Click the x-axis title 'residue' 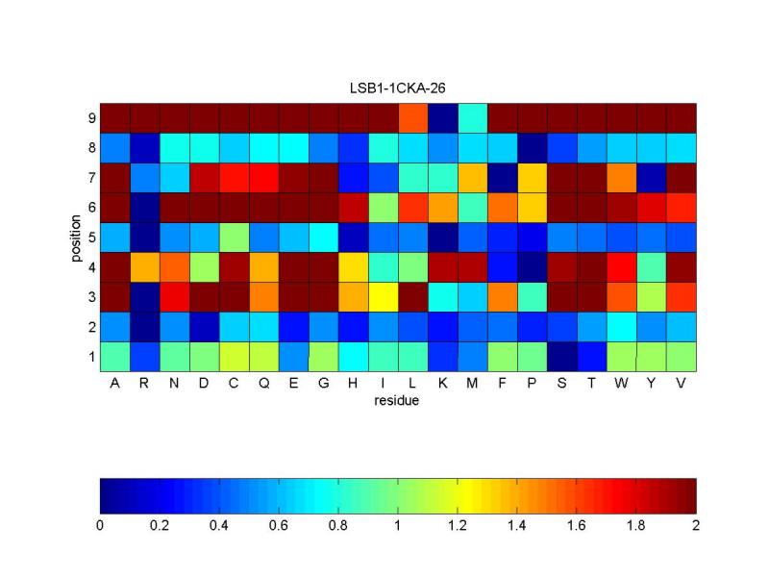397,401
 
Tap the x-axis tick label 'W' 622,385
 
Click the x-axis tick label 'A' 114,385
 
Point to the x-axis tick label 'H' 354,385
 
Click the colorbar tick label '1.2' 458,526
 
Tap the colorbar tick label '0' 100,526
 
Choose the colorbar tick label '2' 696,526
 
